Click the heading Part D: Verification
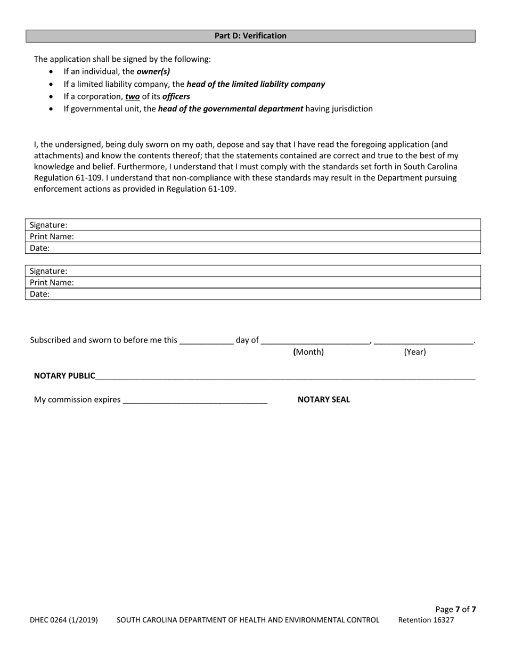point(250,36)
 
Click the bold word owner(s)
point(153,71)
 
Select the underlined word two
point(133,96)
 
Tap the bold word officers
point(176,96)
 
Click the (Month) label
point(308,352)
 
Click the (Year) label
point(415,352)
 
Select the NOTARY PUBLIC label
point(64,376)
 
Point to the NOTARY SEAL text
point(323,400)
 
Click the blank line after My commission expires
point(195,400)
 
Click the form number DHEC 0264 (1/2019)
point(64,620)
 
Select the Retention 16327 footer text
point(426,620)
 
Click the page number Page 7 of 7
point(455,609)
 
